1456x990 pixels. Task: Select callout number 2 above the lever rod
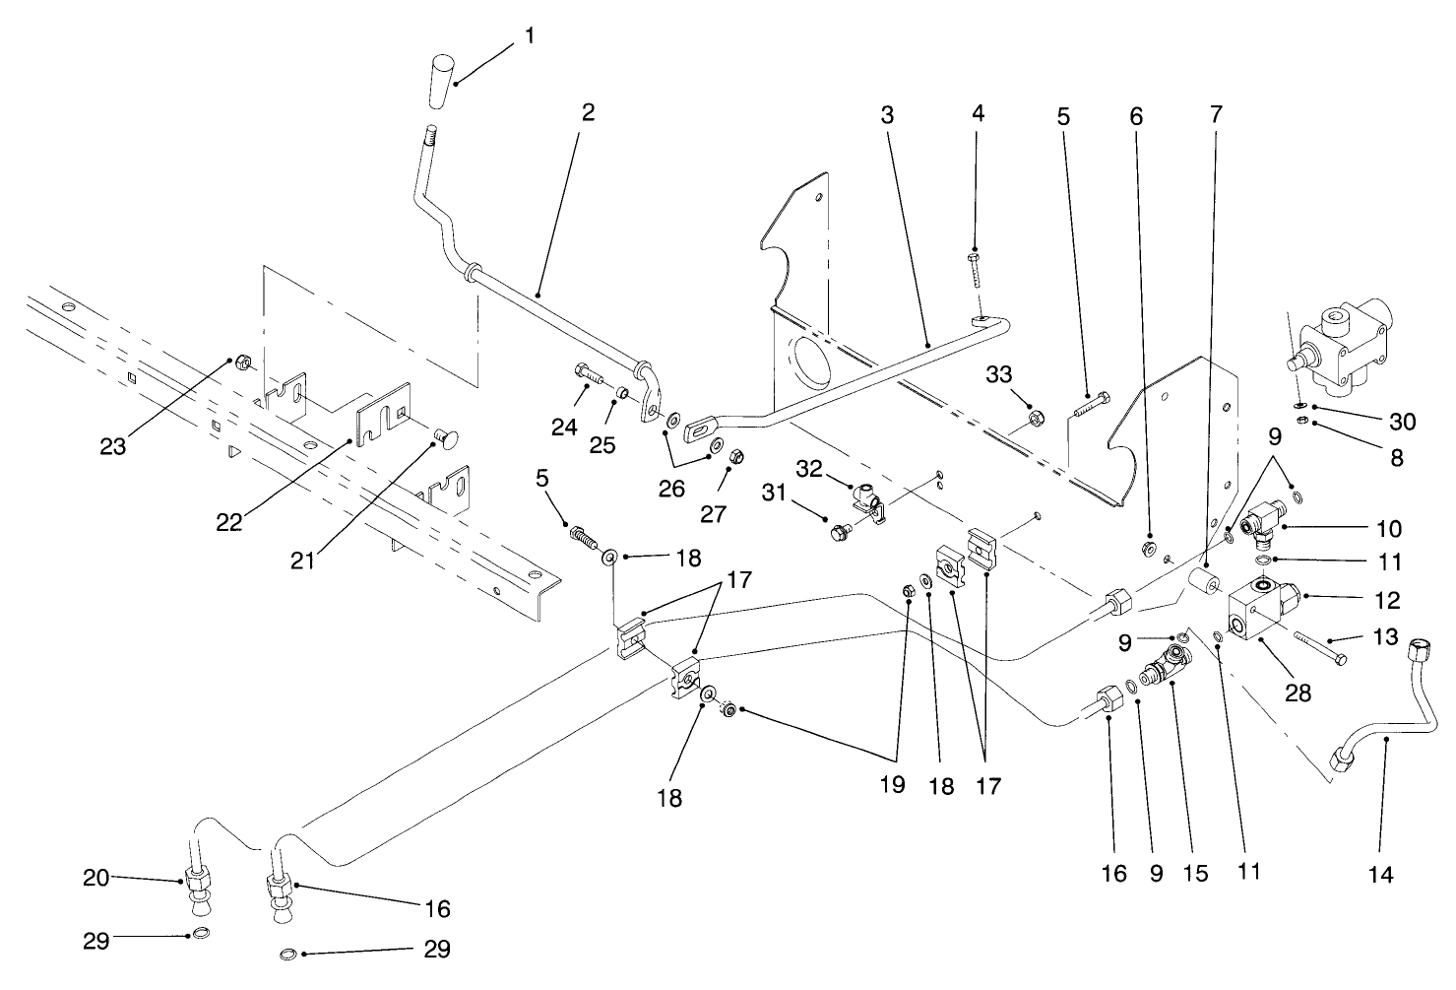pyautogui.click(x=588, y=112)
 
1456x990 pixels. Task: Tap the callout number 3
pyautogui.click(x=887, y=114)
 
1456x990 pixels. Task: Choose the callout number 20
pyautogui.click(x=96, y=876)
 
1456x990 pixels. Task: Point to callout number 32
pyautogui.click(x=808, y=469)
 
